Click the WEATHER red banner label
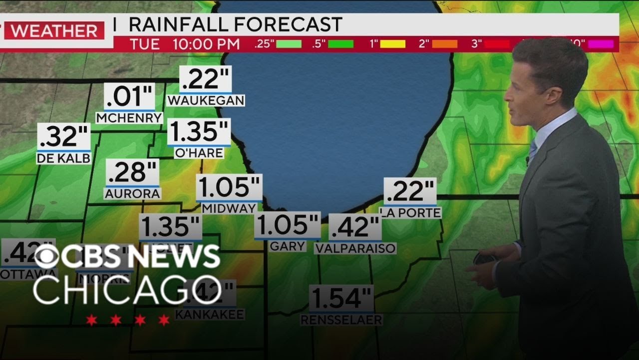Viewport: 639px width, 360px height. [x=54, y=30]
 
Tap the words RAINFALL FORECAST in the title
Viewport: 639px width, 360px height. [x=235, y=24]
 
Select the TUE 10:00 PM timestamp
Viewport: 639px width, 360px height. [x=185, y=44]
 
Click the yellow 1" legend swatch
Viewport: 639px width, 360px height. [x=392, y=44]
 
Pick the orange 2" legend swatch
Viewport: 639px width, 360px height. [x=444, y=44]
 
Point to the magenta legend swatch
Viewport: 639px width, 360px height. [x=600, y=44]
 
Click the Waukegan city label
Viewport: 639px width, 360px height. [x=206, y=100]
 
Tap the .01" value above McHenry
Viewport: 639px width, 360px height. [x=129, y=96]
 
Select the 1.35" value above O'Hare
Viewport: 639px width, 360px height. [x=199, y=131]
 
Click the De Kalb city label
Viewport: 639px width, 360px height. [x=63, y=158]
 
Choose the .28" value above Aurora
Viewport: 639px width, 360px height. [x=132, y=172]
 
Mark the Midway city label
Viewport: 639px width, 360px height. [x=229, y=208]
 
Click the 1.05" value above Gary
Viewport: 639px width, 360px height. [x=287, y=225]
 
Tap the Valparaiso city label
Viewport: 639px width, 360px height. [x=355, y=248]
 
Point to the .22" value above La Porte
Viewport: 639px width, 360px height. [x=410, y=191]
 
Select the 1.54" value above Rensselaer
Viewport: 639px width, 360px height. [x=341, y=298]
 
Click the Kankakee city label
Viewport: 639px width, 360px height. [x=210, y=314]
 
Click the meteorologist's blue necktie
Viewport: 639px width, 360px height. [x=533, y=149]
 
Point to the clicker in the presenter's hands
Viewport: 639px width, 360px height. [x=484, y=259]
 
